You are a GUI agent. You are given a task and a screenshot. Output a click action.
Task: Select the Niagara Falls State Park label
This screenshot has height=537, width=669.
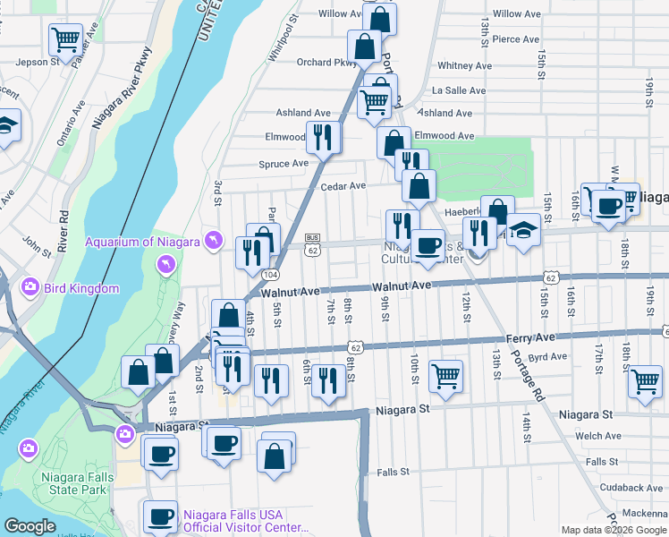pos(77,483)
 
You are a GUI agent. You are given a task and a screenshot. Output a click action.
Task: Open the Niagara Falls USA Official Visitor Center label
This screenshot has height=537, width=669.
pos(246,521)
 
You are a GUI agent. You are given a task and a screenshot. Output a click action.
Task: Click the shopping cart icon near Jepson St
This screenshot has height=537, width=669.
pos(65,39)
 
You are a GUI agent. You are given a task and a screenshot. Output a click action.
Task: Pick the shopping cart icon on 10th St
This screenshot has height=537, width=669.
pos(445,376)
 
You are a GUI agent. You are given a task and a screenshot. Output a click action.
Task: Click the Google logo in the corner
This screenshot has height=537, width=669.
pos(30,526)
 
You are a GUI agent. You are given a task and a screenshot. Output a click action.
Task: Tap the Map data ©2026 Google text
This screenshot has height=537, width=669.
pos(613,530)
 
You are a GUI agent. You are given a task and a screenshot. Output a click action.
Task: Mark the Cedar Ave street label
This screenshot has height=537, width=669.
pos(344,186)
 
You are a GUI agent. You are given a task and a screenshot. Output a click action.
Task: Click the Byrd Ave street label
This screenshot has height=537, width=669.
pos(547,356)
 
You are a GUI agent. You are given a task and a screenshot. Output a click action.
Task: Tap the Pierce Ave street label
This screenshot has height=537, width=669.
pos(515,39)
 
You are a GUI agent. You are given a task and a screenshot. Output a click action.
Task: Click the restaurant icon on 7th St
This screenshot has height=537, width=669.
pos(329,380)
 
